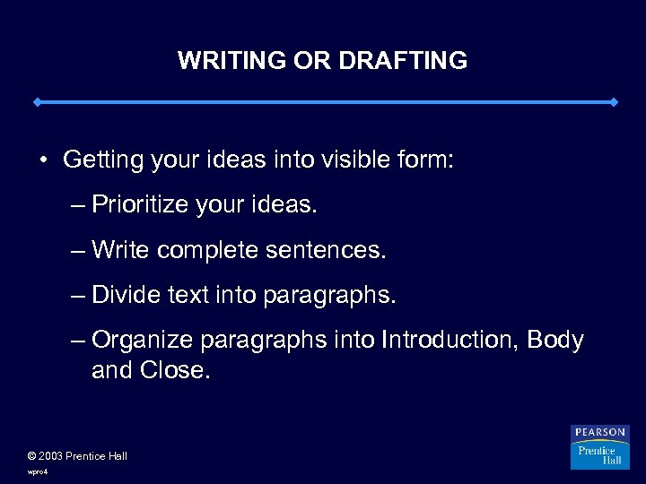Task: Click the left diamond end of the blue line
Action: pyautogui.click(x=37, y=102)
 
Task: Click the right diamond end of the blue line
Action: pyautogui.click(x=614, y=102)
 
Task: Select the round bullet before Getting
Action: pyautogui.click(x=43, y=160)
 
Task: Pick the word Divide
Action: pyautogui.click(x=125, y=295)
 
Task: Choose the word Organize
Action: pyautogui.click(x=142, y=340)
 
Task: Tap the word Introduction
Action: pyautogui.click(x=450, y=340)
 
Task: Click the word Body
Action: pyautogui.click(x=555, y=340)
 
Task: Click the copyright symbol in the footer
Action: pyautogui.click(x=32, y=456)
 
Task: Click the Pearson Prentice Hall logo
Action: pyautogui.click(x=600, y=446)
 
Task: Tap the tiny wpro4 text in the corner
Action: pyautogui.click(x=38, y=471)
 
